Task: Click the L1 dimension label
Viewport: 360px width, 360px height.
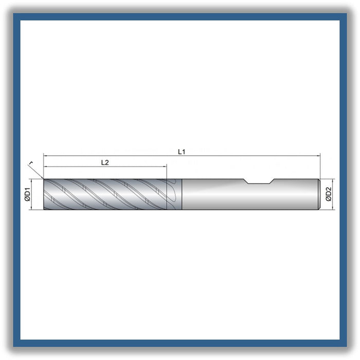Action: [x=182, y=152]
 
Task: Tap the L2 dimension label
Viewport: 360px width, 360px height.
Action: [x=105, y=163]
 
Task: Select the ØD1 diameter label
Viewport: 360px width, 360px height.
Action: [x=28, y=194]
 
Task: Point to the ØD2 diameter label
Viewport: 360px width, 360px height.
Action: [x=329, y=194]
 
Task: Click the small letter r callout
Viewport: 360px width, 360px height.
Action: [x=31, y=163]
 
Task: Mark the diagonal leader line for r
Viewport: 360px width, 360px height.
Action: [x=36, y=171]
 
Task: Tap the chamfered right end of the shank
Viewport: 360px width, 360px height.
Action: [x=319, y=194]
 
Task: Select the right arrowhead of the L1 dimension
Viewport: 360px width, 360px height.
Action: [x=318, y=156]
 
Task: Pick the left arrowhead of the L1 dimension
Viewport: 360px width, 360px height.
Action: [x=45, y=156]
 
